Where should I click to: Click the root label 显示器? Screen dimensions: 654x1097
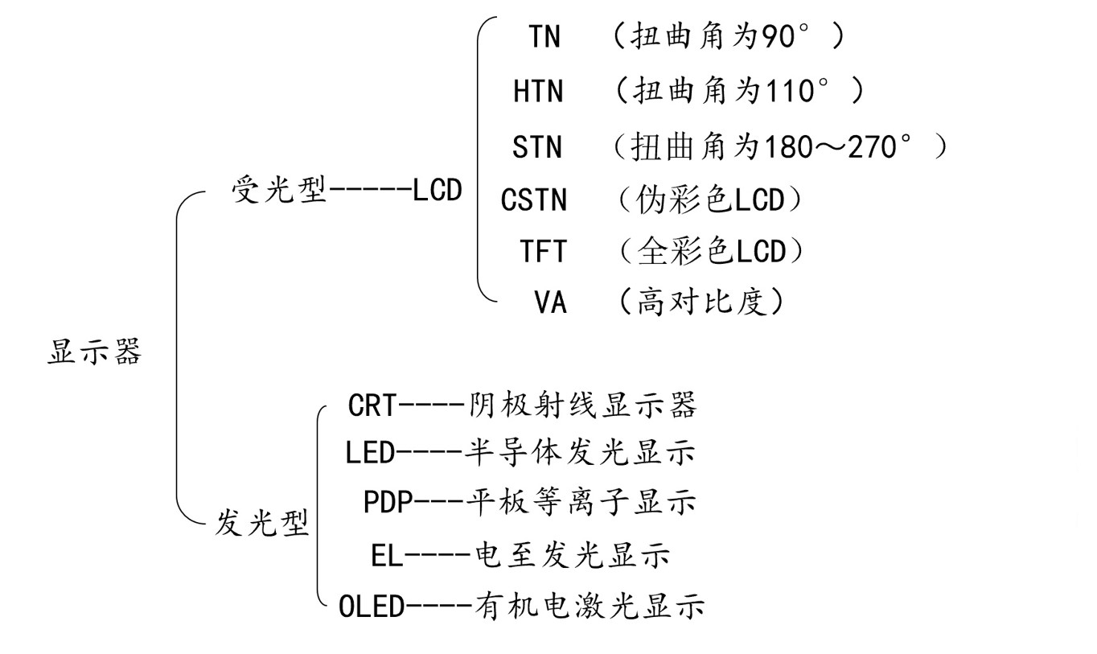94,352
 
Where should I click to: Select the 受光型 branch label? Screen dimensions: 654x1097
278,191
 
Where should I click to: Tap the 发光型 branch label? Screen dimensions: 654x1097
261,524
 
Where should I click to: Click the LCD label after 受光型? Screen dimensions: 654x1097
438,191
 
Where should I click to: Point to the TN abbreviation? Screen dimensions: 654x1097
544,37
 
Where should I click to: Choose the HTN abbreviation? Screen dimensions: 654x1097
538,92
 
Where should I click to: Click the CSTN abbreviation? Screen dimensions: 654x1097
533,199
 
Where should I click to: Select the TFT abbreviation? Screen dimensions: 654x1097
543,252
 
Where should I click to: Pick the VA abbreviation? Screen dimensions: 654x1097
550,302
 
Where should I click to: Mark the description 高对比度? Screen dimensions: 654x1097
699,302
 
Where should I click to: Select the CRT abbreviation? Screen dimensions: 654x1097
372,405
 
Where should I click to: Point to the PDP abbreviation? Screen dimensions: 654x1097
388,503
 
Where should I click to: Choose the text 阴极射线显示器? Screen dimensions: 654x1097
582,405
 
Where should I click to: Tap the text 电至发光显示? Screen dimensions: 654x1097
573,555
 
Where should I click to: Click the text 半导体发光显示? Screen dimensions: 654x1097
580,453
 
